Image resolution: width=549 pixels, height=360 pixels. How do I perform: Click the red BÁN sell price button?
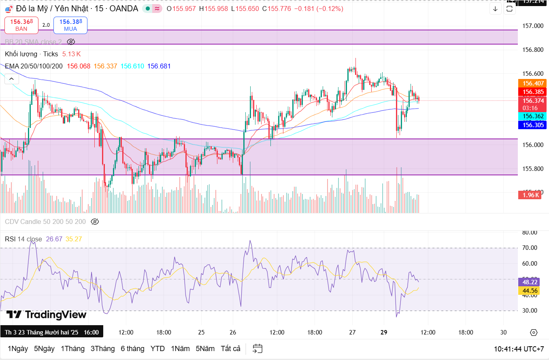pyautogui.click(x=21, y=25)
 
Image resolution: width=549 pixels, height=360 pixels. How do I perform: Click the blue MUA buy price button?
pyautogui.click(x=70, y=25)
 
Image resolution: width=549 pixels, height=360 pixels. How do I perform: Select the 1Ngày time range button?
pyautogui.click(x=18, y=349)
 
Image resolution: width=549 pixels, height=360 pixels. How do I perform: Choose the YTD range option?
pyautogui.click(x=157, y=349)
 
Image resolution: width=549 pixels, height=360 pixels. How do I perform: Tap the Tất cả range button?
pyautogui.click(x=230, y=349)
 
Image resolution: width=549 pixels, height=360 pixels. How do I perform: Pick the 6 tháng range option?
pyautogui.click(x=132, y=349)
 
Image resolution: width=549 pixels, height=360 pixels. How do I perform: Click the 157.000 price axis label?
pyautogui.click(x=533, y=26)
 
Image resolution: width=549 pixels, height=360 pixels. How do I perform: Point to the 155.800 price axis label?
pyautogui.click(x=533, y=169)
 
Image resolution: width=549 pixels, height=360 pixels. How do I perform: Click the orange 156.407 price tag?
pyautogui.click(x=532, y=83)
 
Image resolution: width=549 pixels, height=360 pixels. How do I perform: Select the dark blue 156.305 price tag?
pyautogui.click(x=532, y=125)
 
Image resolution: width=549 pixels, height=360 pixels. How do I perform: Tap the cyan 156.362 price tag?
pyautogui.click(x=532, y=116)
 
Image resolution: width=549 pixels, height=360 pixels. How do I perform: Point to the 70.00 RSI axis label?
pyautogui.click(x=530, y=248)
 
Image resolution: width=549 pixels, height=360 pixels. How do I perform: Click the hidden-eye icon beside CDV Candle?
pyautogui.click(x=95, y=222)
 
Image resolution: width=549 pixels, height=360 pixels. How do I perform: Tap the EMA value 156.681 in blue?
pyautogui.click(x=159, y=66)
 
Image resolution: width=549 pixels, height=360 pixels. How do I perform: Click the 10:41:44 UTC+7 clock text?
pyautogui.click(x=519, y=349)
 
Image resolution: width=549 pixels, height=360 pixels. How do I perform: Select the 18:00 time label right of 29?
pyautogui.click(x=466, y=332)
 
